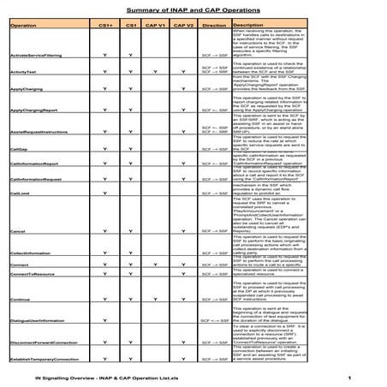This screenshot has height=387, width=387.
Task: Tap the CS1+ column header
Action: click(105, 26)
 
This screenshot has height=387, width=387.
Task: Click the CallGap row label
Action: click(18, 148)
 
